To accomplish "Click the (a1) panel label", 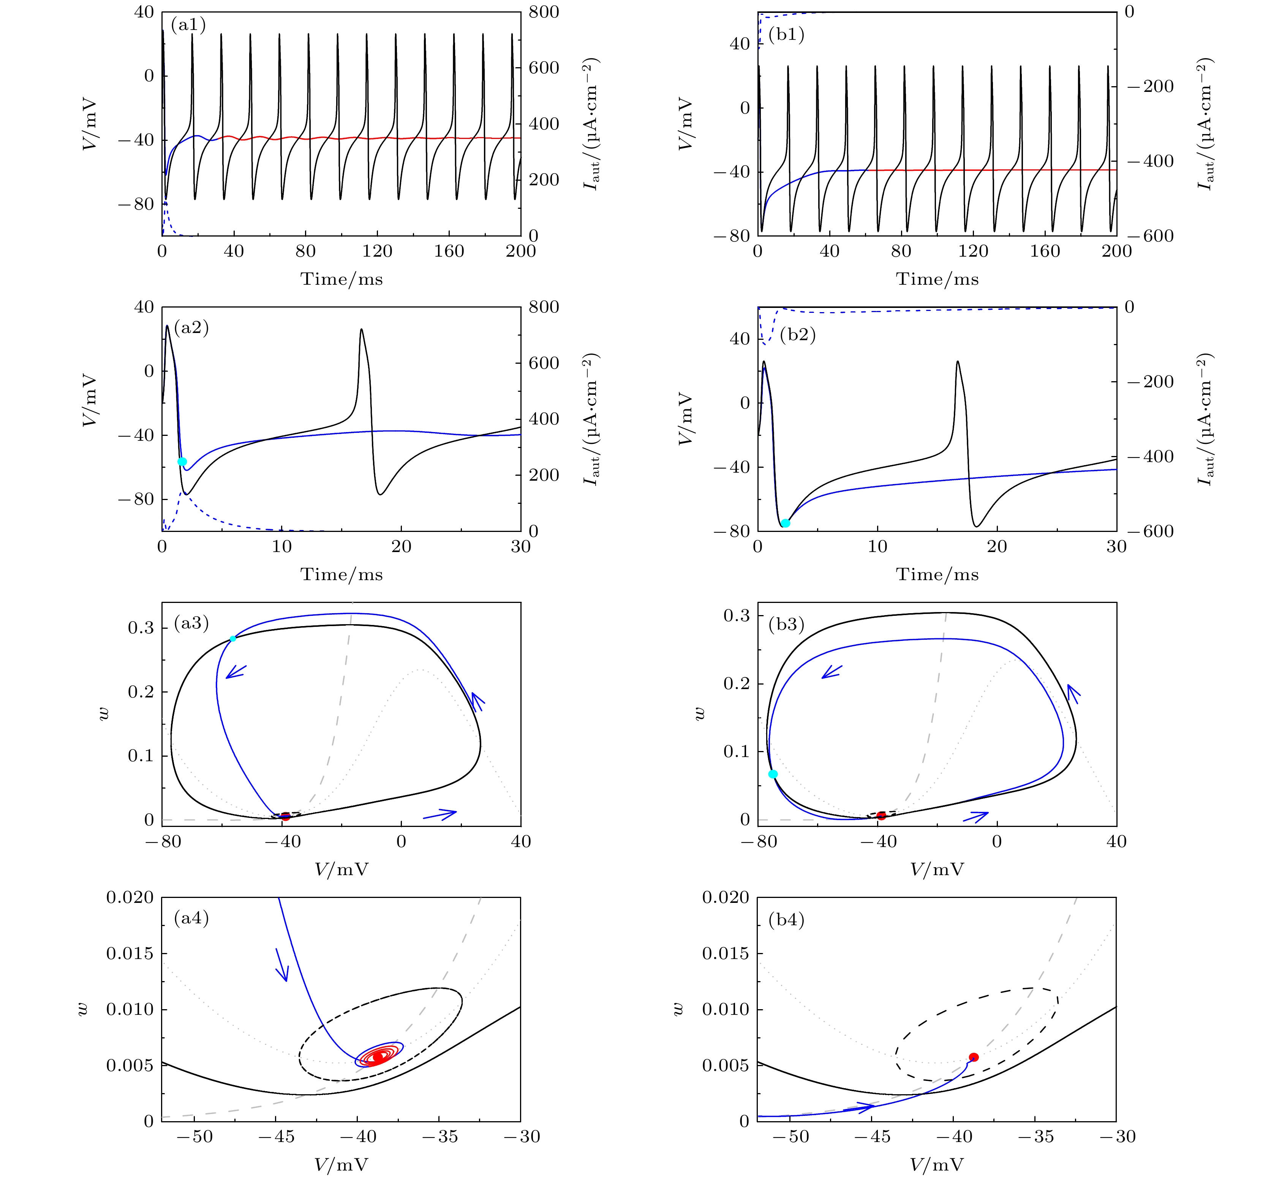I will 188,26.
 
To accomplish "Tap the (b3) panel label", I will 787,625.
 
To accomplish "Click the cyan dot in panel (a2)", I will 182,461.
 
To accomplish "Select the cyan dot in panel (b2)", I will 786,523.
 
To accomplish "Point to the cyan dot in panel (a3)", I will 233,638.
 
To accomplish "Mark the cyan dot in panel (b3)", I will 773,774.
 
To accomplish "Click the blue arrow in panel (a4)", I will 281,966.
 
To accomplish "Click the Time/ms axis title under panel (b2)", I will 937,574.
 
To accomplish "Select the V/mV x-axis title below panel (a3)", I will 341,870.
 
